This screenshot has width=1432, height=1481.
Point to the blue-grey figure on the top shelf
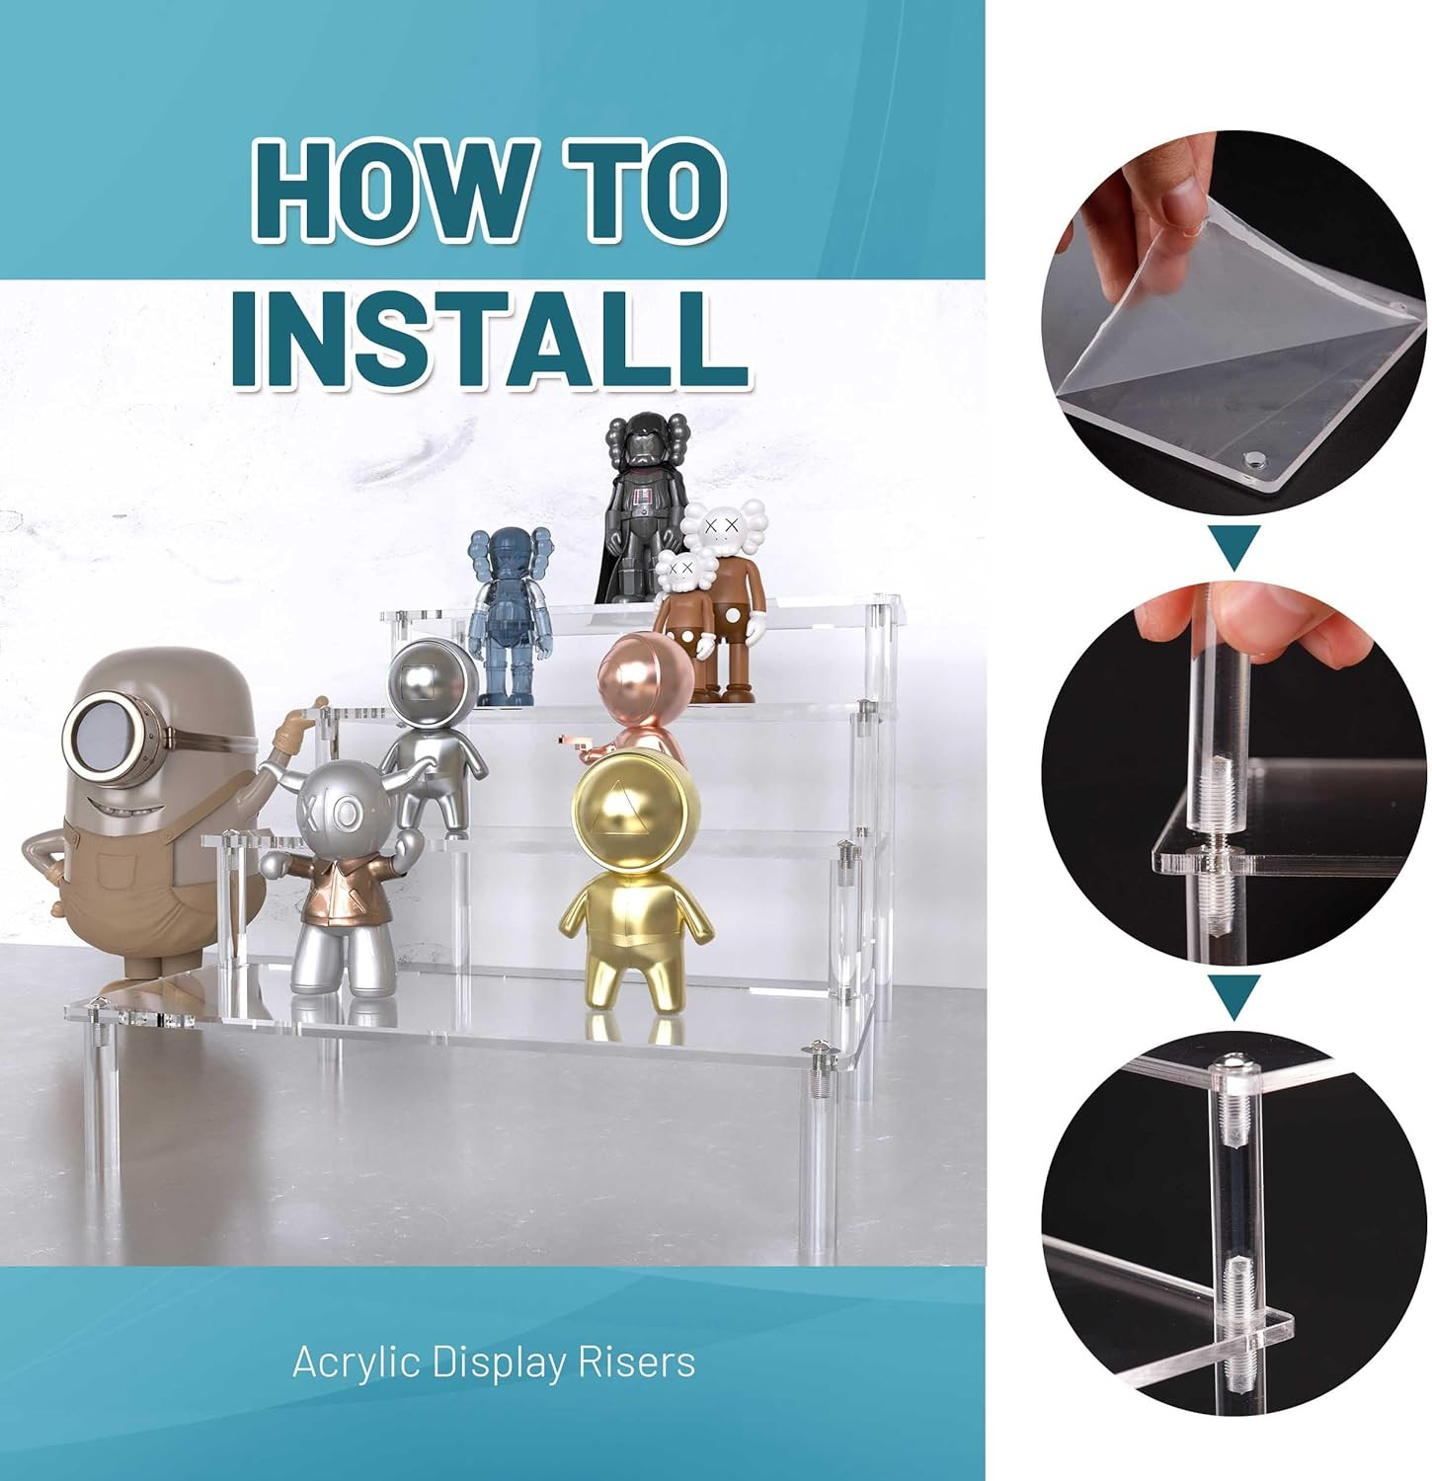[508, 619]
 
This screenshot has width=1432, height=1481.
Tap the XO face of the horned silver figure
[342, 812]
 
